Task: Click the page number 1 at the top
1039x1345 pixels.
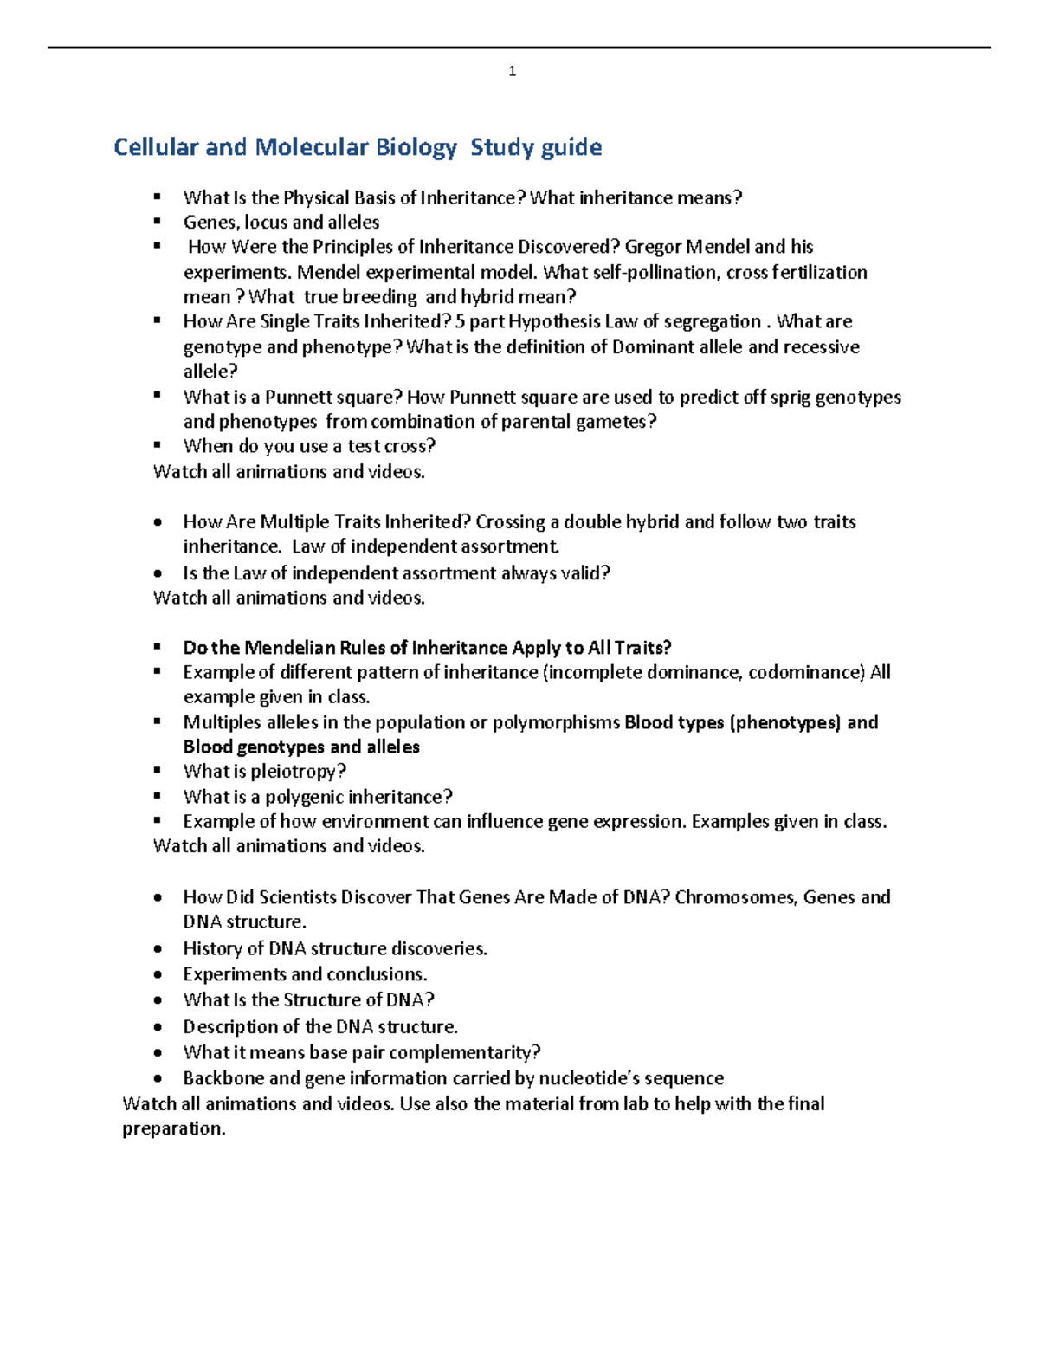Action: [x=513, y=72]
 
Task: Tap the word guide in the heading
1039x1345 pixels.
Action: [x=571, y=148]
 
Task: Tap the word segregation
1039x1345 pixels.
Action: [x=712, y=321]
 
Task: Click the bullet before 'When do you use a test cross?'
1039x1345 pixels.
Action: [x=158, y=445]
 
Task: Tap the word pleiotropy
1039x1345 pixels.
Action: [x=298, y=772]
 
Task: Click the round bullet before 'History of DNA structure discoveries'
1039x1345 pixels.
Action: [x=158, y=949]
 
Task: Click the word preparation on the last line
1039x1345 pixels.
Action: [x=173, y=1129]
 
